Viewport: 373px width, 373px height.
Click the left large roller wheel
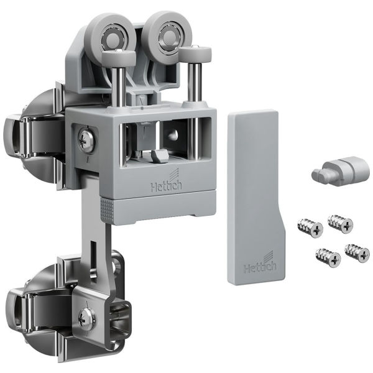tap(110, 40)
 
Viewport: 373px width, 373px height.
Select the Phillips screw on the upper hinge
tap(86, 140)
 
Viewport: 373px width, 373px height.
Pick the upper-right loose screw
tap(341, 223)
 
